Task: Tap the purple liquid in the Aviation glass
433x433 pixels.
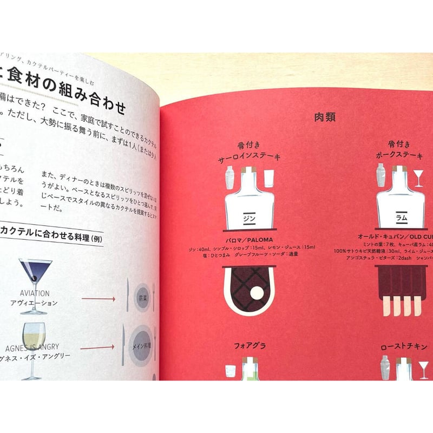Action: tap(34, 271)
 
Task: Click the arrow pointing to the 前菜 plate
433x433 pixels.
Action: tap(99, 298)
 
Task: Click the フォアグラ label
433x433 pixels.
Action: tap(250, 344)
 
